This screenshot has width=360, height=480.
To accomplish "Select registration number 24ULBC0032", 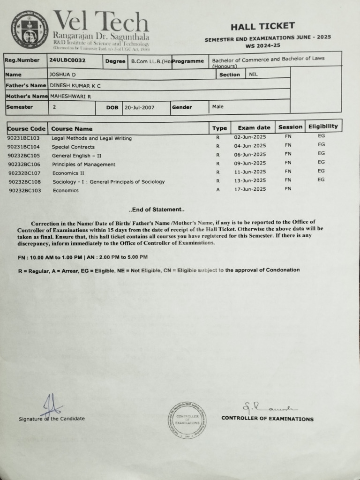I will tap(67, 60).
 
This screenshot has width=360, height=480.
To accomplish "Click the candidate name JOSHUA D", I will tap(62, 75).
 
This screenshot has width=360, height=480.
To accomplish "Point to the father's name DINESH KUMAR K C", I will tap(75, 86).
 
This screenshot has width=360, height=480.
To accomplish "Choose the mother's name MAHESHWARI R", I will tap(70, 96).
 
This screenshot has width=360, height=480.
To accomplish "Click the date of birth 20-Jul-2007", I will tap(139, 107).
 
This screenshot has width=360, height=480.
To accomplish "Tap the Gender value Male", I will tap(217, 107).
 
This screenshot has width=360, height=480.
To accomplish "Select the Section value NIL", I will tap(253, 74).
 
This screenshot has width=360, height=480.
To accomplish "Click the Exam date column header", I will tap(254, 127).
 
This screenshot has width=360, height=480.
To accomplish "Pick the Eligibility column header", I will tap(322, 127).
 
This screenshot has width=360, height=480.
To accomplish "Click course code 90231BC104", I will tap(24, 147).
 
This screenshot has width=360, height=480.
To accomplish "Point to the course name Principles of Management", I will tap(83, 165).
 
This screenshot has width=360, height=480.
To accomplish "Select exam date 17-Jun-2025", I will tap(250, 189).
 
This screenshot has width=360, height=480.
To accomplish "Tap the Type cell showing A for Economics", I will tap(218, 190).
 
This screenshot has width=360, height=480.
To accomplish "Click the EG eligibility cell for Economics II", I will tap(321, 171).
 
